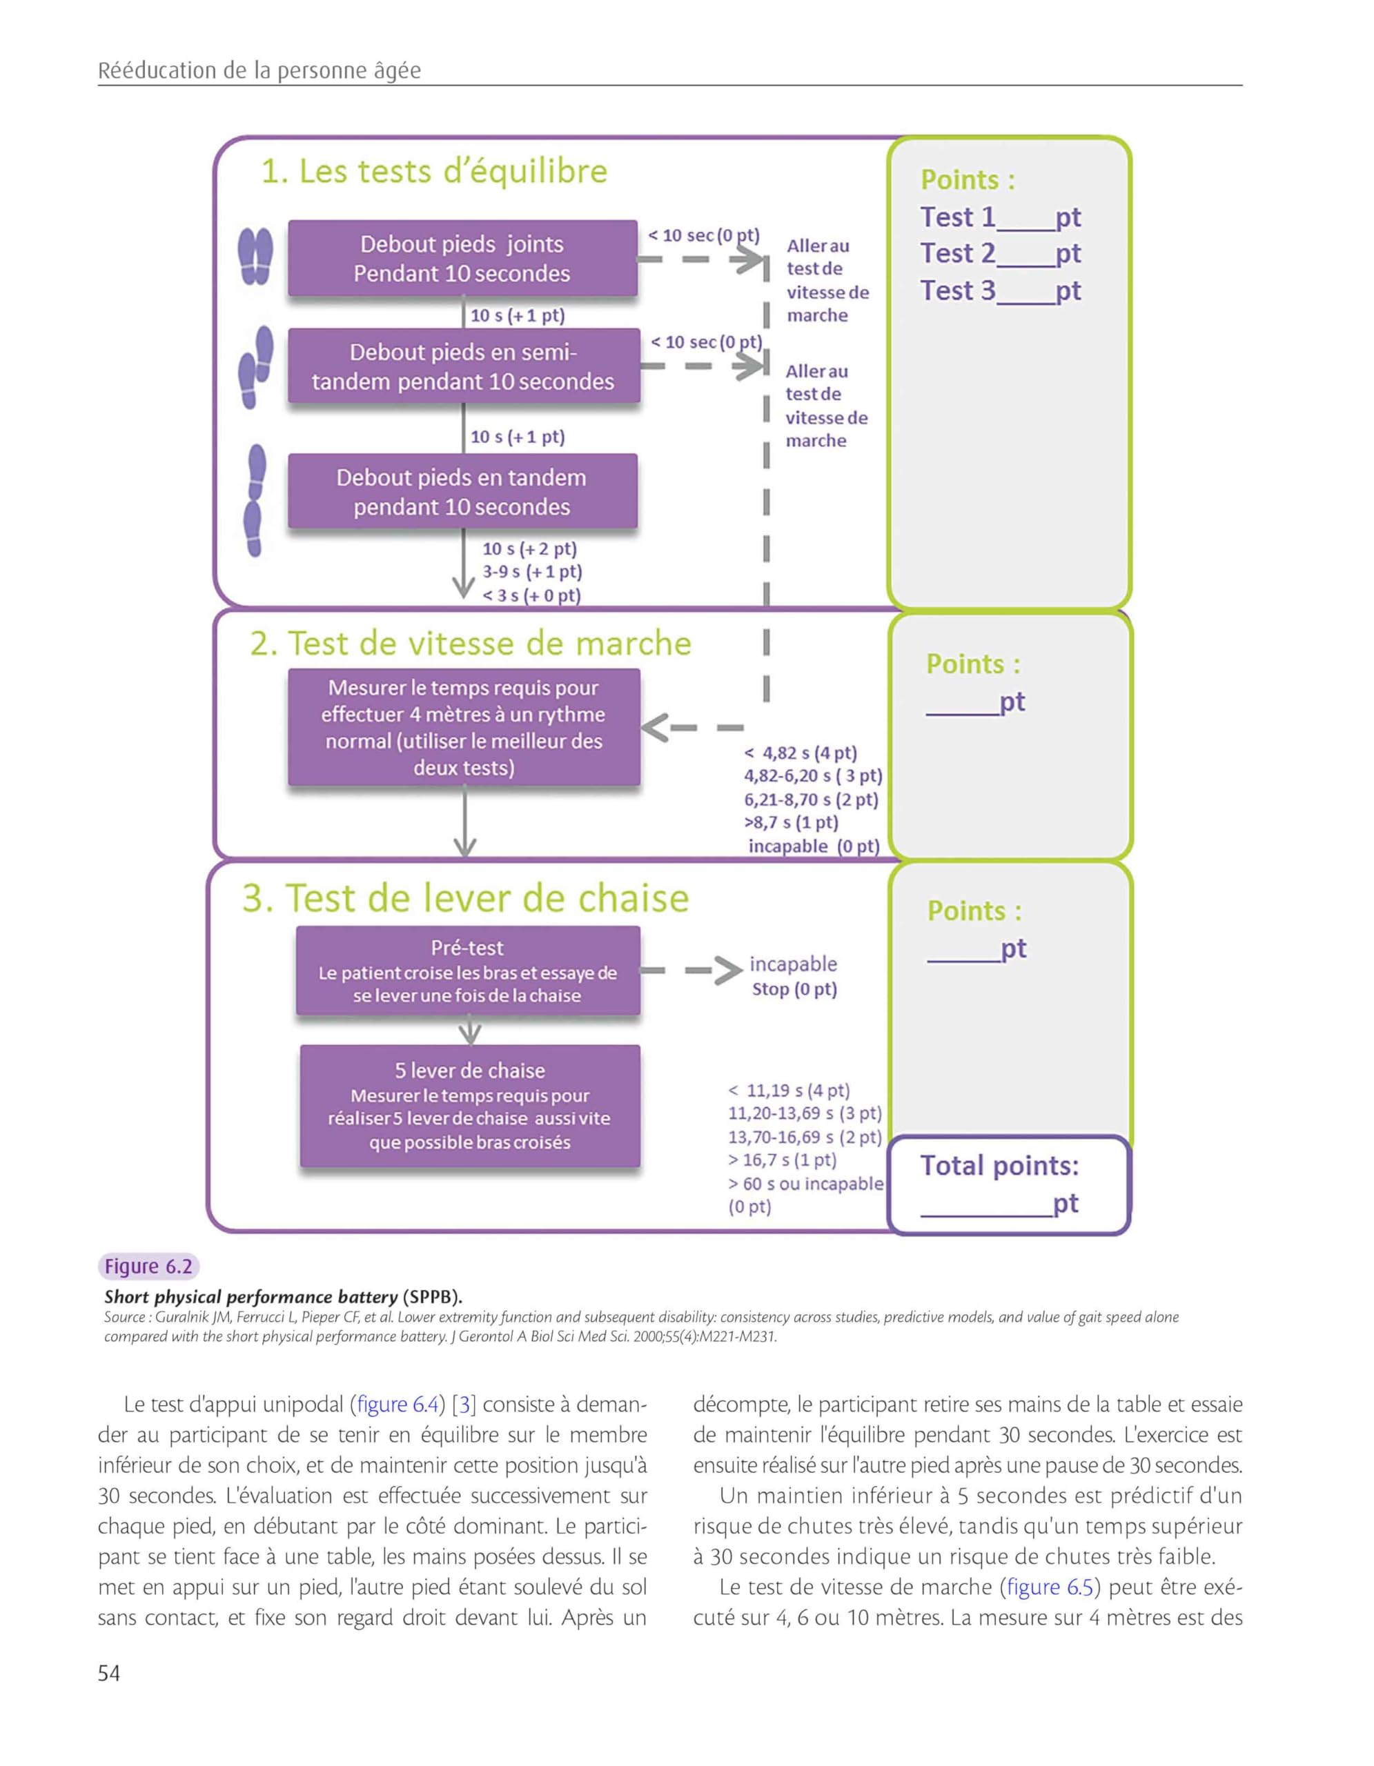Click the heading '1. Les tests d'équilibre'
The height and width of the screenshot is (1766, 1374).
click(433, 171)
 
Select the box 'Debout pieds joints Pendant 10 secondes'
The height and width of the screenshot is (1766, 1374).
click(462, 259)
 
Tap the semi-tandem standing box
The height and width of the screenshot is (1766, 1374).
click(463, 366)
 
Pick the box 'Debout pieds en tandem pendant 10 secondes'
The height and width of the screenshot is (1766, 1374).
click(462, 492)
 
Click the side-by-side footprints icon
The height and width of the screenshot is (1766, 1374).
click(255, 255)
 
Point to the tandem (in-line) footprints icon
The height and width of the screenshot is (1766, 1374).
click(255, 501)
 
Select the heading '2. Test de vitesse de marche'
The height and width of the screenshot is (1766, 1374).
click(471, 644)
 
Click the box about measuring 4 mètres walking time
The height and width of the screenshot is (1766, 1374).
click(464, 727)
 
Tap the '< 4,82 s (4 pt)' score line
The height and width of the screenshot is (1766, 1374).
click(800, 753)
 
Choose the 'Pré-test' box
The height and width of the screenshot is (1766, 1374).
click(469, 971)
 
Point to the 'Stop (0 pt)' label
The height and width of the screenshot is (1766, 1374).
click(794, 989)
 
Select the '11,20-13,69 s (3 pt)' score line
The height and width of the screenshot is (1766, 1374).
click(805, 1113)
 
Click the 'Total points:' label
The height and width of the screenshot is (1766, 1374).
click(999, 1165)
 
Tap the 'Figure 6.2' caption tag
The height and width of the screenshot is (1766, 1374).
click(149, 1267)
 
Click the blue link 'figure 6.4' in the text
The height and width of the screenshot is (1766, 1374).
click(396, 1405)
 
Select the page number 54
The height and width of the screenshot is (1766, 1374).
click(109, 1673)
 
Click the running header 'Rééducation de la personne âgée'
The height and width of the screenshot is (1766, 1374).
click(259, 70)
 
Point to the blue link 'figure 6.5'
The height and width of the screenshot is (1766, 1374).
click(1050, 1587)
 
